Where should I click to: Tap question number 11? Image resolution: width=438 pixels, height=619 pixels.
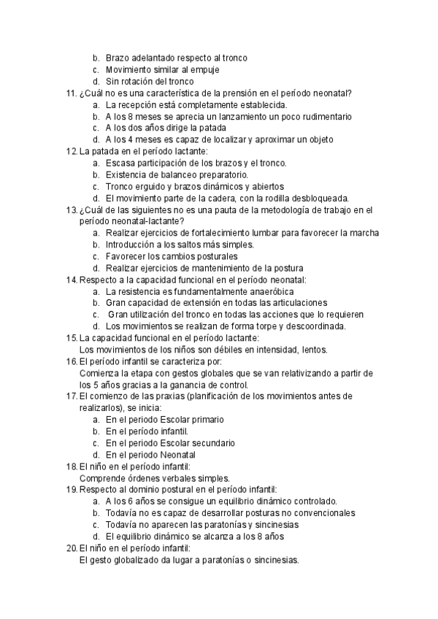[72, 93]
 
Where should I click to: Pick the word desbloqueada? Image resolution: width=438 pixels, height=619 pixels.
[317, 198]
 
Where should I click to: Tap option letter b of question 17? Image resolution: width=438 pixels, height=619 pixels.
[96, 431]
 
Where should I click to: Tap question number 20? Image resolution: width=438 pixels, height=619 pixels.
[72, 548]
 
